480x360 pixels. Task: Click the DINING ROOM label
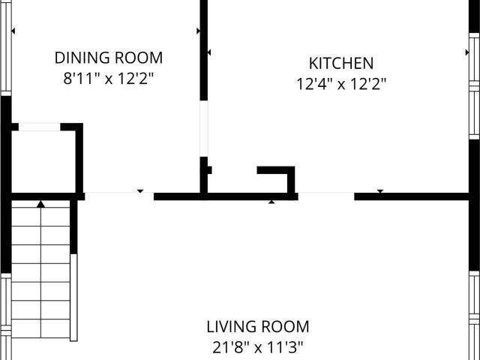[109, 58]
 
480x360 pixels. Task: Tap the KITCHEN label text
[341, 63]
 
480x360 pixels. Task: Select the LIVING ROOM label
[258, 327]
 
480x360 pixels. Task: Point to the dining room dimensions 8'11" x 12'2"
[108, 78]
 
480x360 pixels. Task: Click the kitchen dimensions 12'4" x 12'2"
[341, 84]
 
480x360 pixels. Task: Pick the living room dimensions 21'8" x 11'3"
[258, 347]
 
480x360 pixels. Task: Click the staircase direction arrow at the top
[40, 204]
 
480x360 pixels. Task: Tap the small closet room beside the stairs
[43, 162]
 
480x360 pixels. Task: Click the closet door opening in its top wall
[40, 127]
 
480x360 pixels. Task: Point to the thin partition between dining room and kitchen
[204, 128]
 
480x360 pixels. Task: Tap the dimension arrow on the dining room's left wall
[13, 31]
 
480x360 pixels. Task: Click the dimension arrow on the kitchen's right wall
[467, 52]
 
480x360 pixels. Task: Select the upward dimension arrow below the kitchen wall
[271, 202]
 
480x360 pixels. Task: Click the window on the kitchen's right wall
[474, 85]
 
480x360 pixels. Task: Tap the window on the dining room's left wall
[6, 48]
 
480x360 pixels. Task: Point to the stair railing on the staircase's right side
[73, 297]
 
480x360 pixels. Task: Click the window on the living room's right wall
[474, 315]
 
